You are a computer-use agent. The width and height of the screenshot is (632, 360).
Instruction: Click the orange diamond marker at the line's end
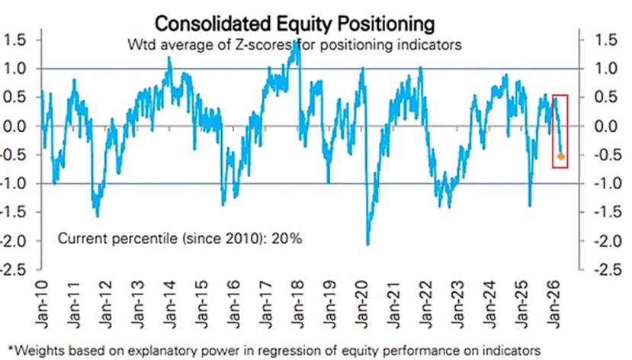pyautogui.click(x=561, y=156)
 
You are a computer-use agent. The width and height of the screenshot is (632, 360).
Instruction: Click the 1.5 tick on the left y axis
pyautogui.click(x=18, y=40)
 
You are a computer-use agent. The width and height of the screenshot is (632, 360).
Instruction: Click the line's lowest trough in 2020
pyautogui.click(x=368, y=243)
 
